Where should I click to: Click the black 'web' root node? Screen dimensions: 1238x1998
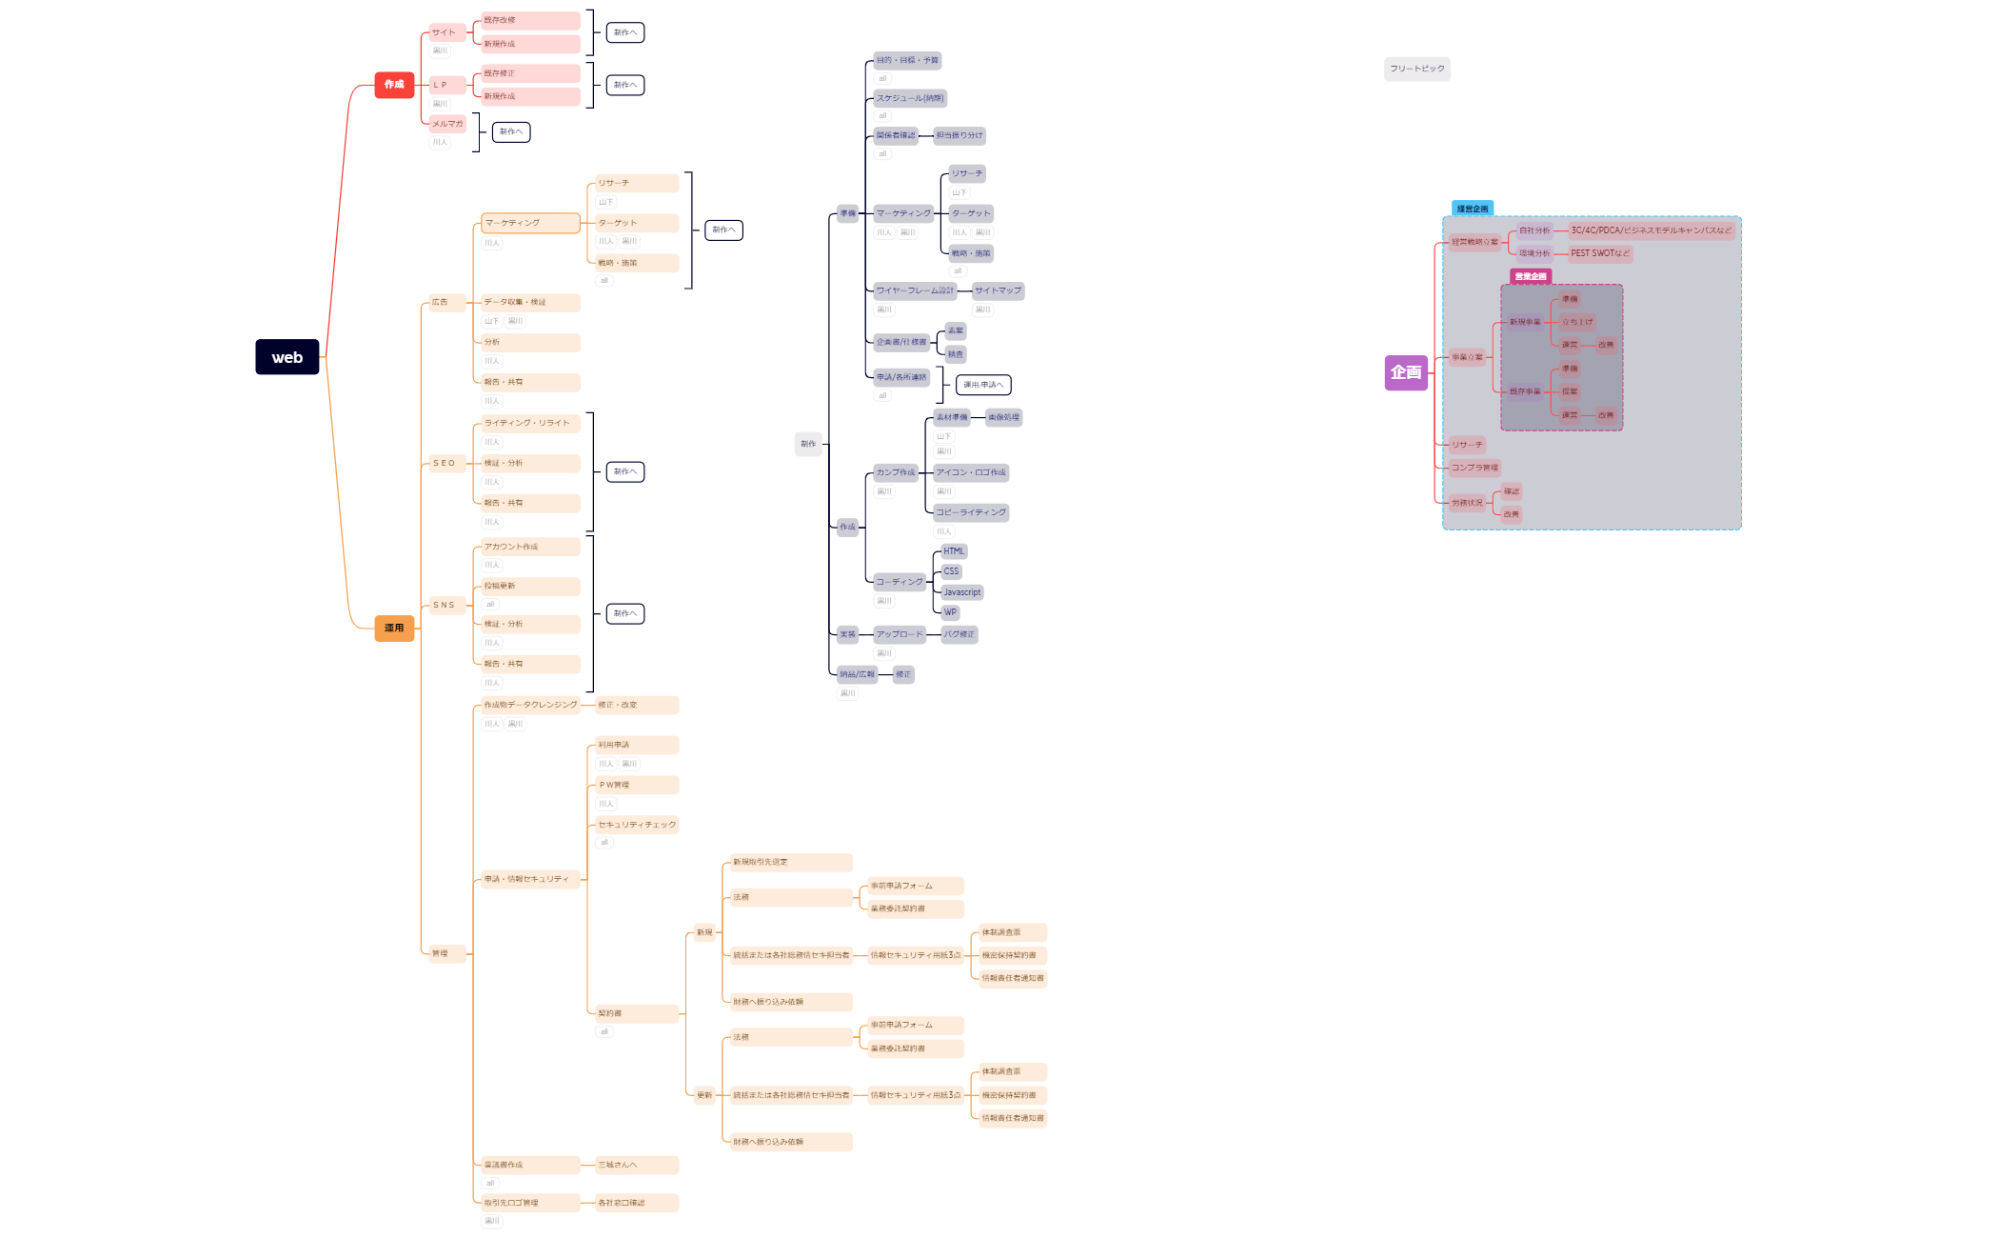tap(287, 357)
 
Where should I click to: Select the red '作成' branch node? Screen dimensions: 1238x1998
tap(394, 85)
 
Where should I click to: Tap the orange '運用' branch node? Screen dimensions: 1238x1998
tap(394, 629)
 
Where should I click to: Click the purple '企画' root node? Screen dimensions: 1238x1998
tap(1405, 372)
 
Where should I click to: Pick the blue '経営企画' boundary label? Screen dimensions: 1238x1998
tap(1472, 209)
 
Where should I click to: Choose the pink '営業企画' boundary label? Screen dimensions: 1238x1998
tap(1530, 276)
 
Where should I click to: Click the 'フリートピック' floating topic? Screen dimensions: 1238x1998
tap(1416, 69)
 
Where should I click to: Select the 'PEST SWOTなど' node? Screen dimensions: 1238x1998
tap(1599, 253)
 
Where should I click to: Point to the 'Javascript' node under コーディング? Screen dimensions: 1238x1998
tap(961, 592)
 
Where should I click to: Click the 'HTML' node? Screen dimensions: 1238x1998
tap(954, 551)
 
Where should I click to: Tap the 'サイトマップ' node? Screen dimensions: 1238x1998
tap(998, 290)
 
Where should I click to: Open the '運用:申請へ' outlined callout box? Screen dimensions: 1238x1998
tap(982, 385)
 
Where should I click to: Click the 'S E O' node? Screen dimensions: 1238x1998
tap(445, 464)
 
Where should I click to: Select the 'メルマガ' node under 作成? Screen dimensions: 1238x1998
tap(447, 124)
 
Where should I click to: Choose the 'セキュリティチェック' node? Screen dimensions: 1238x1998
tap(636, 825)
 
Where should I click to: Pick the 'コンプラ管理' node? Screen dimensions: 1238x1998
tap(1474, 468)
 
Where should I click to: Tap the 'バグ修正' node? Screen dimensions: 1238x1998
tap(959, 634)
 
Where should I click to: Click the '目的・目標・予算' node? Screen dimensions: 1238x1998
tap(907, 60)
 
